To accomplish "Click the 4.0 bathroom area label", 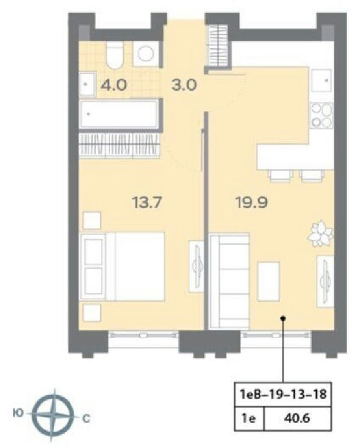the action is [114, 85].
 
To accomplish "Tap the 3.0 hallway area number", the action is [184, 85].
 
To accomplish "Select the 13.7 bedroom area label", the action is [147, 203].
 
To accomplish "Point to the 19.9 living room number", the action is [252, 203].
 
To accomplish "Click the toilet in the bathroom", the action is [115, 56].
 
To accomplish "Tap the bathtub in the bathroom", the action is [119, 114].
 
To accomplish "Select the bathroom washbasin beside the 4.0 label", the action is [87, 84].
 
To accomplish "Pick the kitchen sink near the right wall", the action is [322, 80].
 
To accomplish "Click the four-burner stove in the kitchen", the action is [322, 115].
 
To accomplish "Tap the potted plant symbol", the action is [320, 233].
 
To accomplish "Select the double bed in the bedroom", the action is [122, 267].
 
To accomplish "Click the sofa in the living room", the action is [230, 281].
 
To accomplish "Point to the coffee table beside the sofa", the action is [269, 281].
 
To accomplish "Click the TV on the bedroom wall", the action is [197, 267].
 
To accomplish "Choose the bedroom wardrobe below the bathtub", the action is [119, 146].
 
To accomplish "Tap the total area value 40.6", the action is [297, 418].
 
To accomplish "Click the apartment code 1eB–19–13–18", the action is [283, 395].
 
